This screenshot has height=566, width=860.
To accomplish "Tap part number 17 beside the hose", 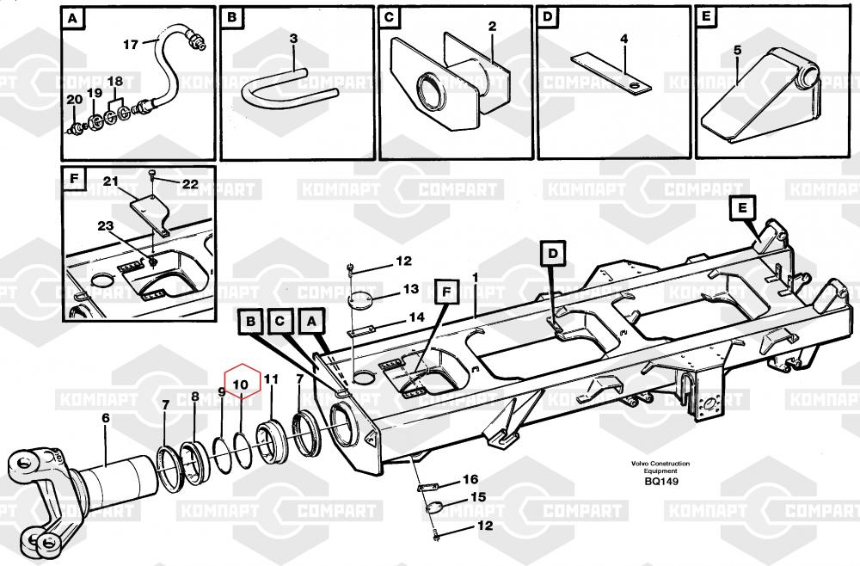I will (130, 44).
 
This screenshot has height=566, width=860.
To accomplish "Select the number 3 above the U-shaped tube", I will (293, 39).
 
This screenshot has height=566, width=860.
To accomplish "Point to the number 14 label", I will (416, 317).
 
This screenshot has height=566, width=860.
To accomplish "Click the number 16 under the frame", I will (470, 479).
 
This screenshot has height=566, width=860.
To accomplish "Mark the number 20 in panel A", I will (75, 99).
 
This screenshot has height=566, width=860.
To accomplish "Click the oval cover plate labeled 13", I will (362, 303).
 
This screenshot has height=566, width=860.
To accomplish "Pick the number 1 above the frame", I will (474, 277).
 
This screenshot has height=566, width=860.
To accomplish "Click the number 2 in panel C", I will (492, 27).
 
